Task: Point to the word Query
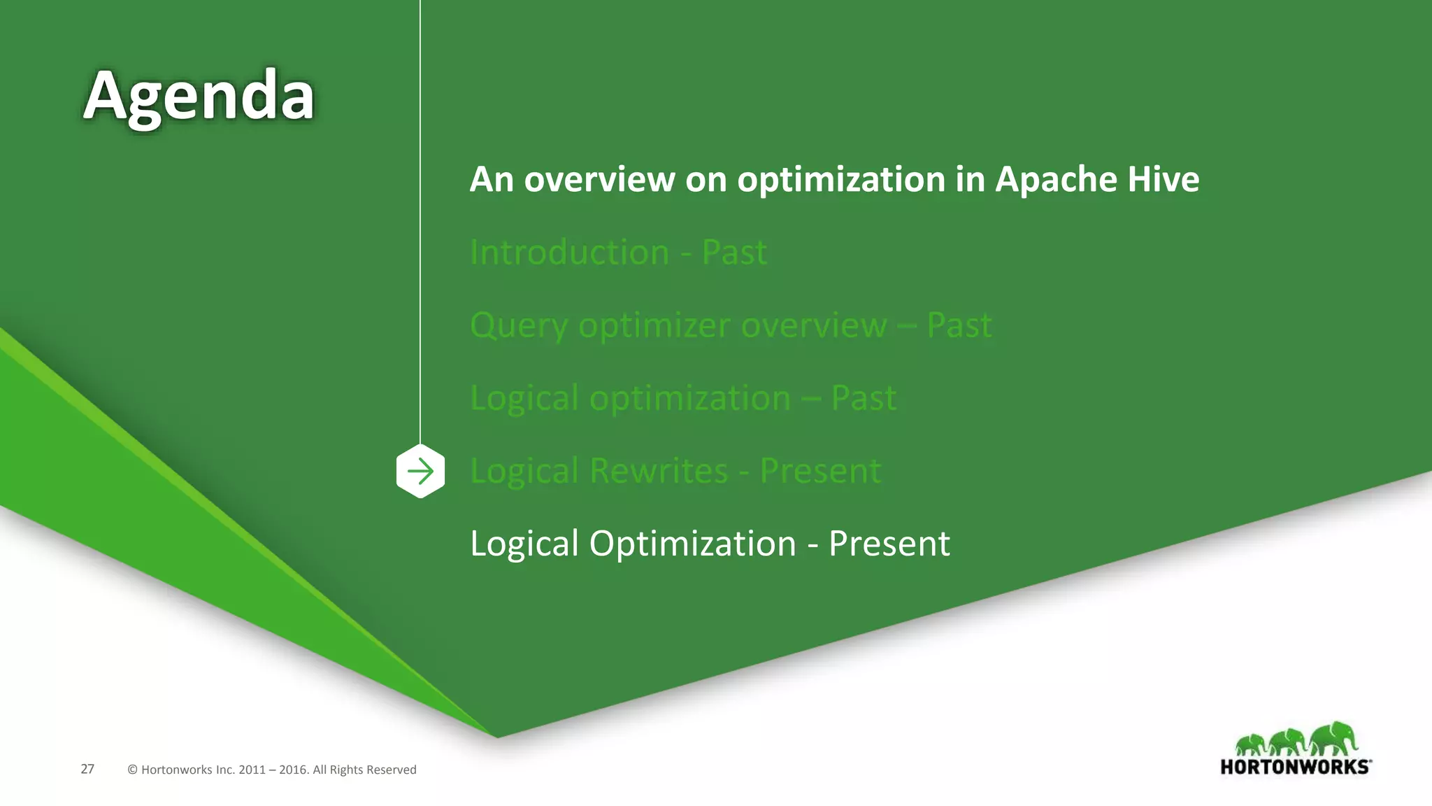coord(518,325)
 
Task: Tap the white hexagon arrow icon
coord(420,471)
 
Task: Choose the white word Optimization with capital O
coord(692,544)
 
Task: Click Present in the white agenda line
coord(889,544)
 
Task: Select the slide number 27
coord(87,769)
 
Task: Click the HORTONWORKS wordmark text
coord(1295,767)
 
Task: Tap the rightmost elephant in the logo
coord(1334,739)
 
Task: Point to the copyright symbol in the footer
coord(132,770)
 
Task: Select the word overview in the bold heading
coord(599,179)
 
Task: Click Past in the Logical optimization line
coord(864,398)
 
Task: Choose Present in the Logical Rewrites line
coord(820,471)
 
